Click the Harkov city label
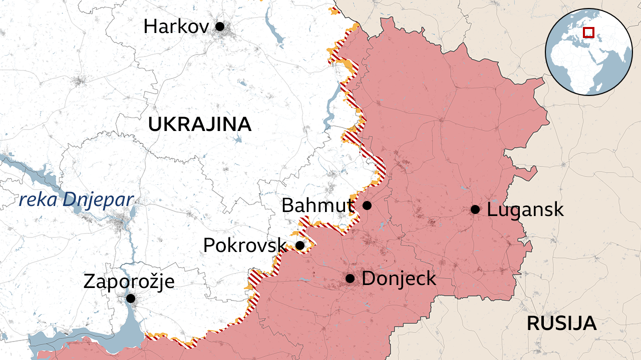pyautogui.click(x=176, y=26)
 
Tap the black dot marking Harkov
pyautogui.click(x=219, y=26)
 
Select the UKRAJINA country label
pyautogui.click(x=199, y=124)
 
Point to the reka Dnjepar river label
pyautogui.click(x=76, y=200)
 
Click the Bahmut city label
pyautogui.click(x=317, y=205)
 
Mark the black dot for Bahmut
pyautogui.click(x=367, y=205)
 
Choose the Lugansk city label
pyautogui.click(x=525, y=209)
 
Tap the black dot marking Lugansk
pyautogui.click(x=475, y=209)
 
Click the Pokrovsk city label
pyautogui.click(x=244, y=245)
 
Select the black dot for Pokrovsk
pyautogui.click(x=299, y=245)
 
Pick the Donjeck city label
pyautogui.click(x=399, y=278)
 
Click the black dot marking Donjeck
pyautogui.click(x=350, y=278)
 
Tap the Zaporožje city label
pyautogui.click(x=129, y=281)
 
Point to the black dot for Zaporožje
pyautogui.click(x=130, y=298)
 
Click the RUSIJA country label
pyautogui.click(x=561, y=323)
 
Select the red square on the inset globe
pyautogui.click(x=589, y=32)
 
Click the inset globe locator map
pyautogui.click(x=588, y=51)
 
